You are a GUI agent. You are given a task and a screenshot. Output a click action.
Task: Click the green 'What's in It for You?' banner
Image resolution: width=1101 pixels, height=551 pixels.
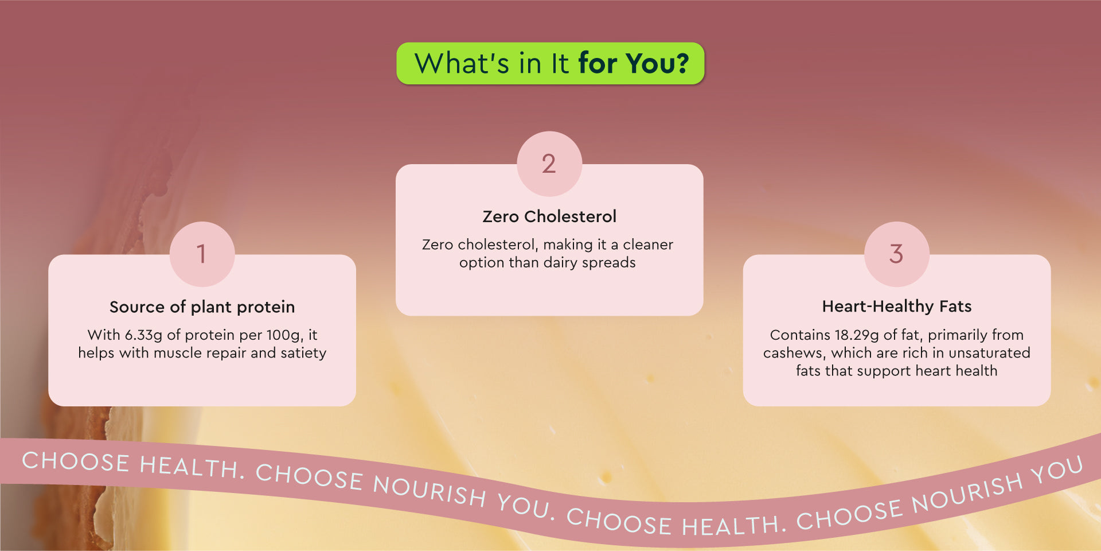click(x=550, y=63)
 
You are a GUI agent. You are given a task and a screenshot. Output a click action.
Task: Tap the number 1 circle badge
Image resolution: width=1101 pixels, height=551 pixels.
click(x=202, y=254)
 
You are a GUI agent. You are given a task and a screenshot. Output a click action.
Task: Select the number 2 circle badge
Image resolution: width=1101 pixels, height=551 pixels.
click(x=549, y=164)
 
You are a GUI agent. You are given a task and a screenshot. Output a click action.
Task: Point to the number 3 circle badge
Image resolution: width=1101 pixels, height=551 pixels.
click(x=897, y=254)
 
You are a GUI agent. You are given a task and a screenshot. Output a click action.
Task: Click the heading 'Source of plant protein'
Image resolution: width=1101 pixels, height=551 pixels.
click(x=202, y=307)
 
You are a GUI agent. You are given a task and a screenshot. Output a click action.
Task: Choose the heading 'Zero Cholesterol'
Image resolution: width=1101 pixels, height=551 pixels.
click(x=549, y=216)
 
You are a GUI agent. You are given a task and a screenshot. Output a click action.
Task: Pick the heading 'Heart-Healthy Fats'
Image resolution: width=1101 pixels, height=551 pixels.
click(x=897, y=306)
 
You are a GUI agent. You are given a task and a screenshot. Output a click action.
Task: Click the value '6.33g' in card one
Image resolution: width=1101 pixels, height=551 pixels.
click(x=143, y=335)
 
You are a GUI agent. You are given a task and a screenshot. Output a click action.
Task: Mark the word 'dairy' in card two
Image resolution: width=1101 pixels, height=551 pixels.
click(x=560, y=263)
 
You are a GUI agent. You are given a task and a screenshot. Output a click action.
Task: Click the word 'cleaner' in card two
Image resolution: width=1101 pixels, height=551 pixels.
click(x=648, y=245)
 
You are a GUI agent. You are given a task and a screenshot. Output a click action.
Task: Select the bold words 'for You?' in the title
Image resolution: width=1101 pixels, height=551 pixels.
click(x=634, y=63)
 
